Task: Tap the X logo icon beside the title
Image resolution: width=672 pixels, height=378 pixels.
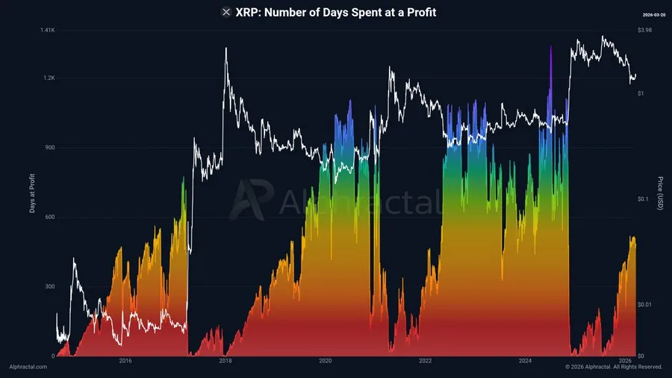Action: [x=226, y=12]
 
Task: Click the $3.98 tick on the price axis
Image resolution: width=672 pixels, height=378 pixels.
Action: [x=644, y=30]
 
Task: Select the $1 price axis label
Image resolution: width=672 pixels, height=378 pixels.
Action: [x=640, y=93]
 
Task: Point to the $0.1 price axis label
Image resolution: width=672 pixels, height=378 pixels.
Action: [x=643, y=199]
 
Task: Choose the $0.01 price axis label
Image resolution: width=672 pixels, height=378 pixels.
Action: [x=644, y=304]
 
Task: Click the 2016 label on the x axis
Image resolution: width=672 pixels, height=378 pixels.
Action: [x=125, y=361]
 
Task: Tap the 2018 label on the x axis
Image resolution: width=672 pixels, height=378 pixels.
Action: [x=225, y=361]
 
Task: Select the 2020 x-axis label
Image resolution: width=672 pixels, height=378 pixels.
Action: [x=326, y=361]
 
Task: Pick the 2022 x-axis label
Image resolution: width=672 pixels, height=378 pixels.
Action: [x=425, y=361]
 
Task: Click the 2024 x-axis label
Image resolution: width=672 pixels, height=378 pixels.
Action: [x=525, y=361]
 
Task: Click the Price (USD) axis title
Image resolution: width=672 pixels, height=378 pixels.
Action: [x=660, y=193]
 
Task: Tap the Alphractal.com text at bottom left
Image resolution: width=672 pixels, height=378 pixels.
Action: [x=28, y=367]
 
